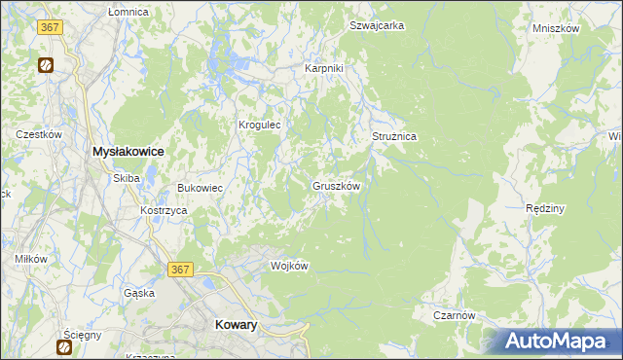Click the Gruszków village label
click(338, 185)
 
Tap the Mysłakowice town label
click(127, 153)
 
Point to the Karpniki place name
click(323, 69)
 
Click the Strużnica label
click(394, 137)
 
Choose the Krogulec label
click(260, 125)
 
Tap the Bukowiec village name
click(200, 188)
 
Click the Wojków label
click(289, 266)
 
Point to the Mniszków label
click(556, 29)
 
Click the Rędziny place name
click(545, 209)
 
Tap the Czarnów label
click(455, 315)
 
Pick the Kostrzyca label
click(163, 211)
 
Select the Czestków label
click(39, 134)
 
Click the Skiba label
click(127, 178)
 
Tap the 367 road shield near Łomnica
click(52, 27)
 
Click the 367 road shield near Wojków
click(179, 269)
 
